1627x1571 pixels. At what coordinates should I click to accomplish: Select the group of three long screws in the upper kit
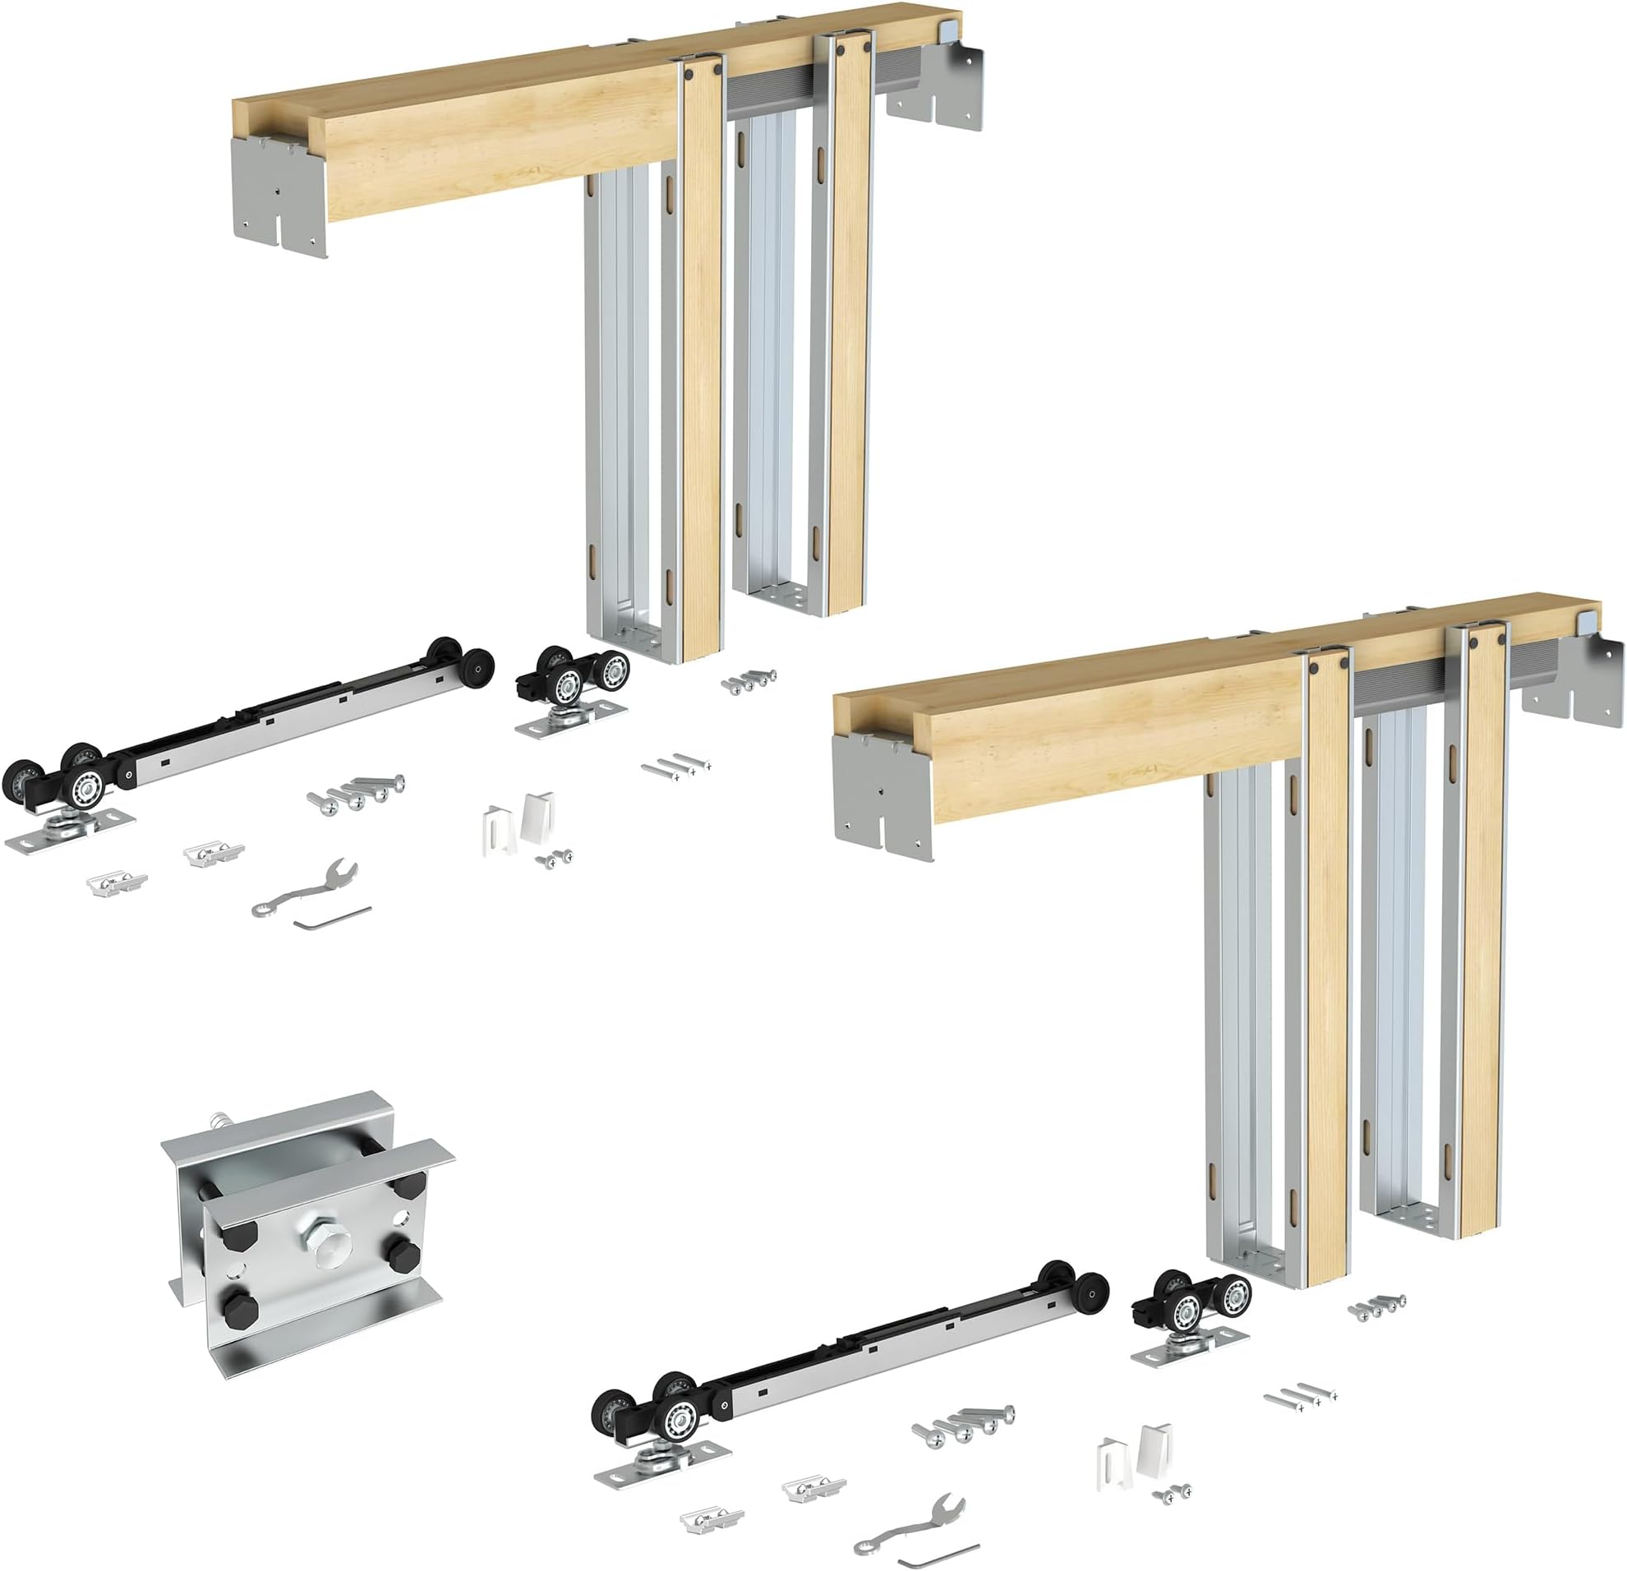tap(676, 765)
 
